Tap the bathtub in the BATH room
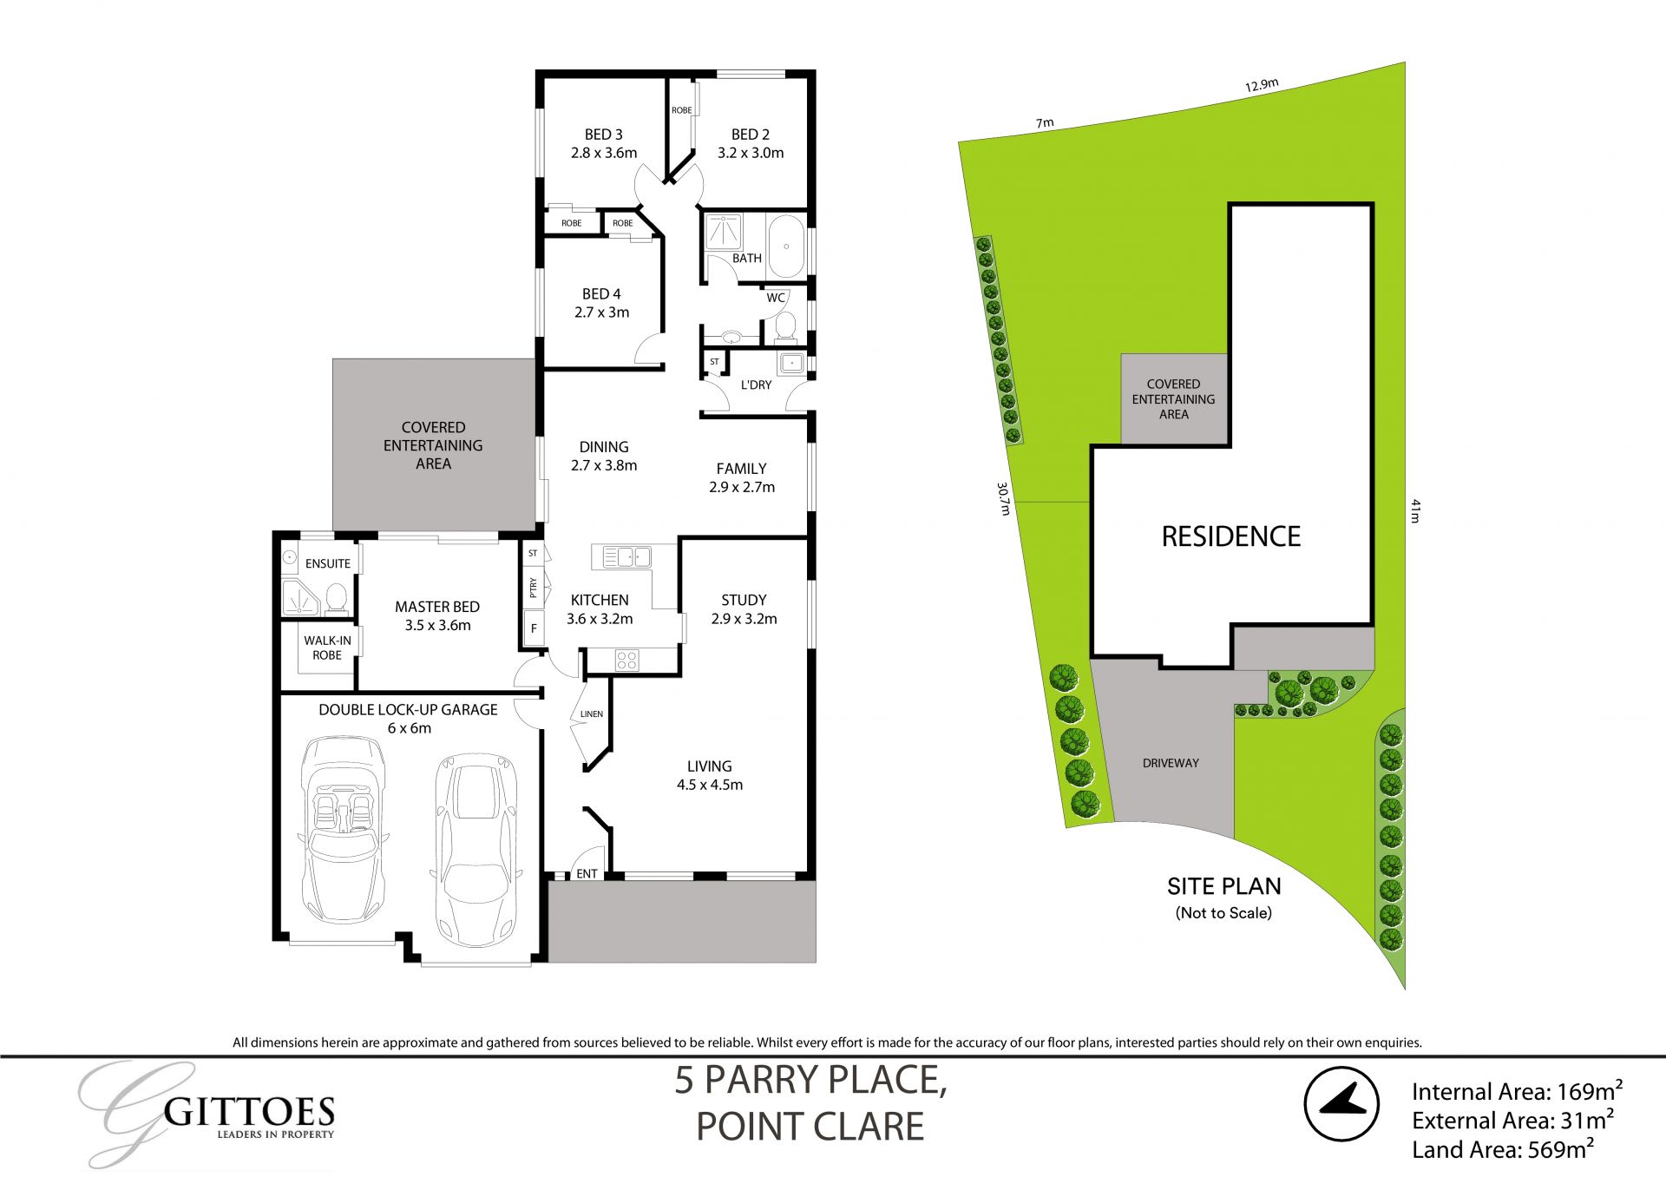tap(786, 245)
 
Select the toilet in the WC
tap(784, 327)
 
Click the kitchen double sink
tap(626, 557)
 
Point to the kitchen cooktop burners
tap(626, 661)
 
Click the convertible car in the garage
tap(344, 829)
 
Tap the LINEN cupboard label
tap(592, 714)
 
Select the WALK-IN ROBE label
tap(327, 648)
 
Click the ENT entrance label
tap(587, 873)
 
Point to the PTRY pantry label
tap(533, 588)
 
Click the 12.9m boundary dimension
tap(1262, 85)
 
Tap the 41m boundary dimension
tap(1415, 510)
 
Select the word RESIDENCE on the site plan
tap(1230, 536)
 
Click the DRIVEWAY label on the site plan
tap(1171, 763)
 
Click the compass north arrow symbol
tap(1341, 1103)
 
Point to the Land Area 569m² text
tap(1502, 1149)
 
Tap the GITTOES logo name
tap(249, 1112)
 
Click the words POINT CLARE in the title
tap(810, 1127)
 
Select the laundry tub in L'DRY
tap(790, 363)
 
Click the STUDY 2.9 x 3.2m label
tap(744, 609)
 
